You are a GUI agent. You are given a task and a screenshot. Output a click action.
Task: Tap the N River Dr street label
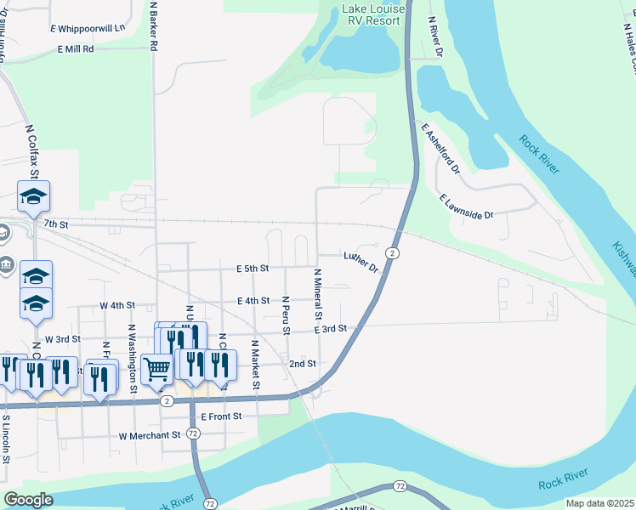[x=436, y=37]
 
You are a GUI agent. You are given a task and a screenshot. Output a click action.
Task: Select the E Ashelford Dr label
[x=440, y=148]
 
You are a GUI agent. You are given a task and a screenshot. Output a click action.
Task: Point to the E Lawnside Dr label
[x=467, y=207]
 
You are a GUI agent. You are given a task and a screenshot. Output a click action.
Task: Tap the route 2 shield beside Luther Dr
[x=392, y=253]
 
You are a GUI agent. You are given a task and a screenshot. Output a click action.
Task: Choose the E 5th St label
[x=253, y=268]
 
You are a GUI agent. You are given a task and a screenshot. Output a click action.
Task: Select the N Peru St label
[x=287, y=315]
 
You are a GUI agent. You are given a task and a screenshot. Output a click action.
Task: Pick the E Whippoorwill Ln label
[x=87, y=28]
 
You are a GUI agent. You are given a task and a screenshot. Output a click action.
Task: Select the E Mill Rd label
[x=76, y=49]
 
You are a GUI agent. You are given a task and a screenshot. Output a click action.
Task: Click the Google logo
[x=28, y=500]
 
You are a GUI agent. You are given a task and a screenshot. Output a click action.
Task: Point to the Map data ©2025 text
[x=599, y=503]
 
